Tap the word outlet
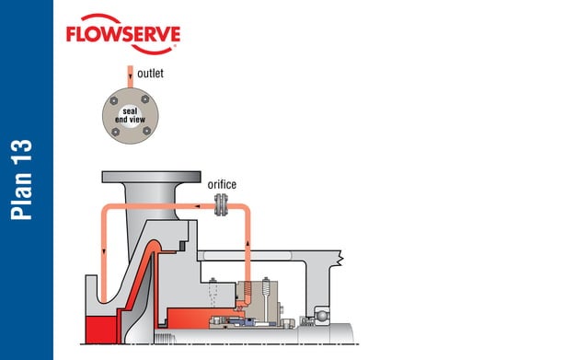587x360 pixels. (x=150, y=73)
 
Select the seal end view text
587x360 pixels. (x=129, y=115)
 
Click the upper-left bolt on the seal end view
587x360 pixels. (x=113, y=100)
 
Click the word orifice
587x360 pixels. (x=222, y=186)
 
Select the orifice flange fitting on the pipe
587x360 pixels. (x=222, y=208)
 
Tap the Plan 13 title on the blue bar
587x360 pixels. (x=25, y=180)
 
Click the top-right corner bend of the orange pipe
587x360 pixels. (x=247, y=209)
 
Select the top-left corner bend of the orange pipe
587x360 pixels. (x=104, y=209)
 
